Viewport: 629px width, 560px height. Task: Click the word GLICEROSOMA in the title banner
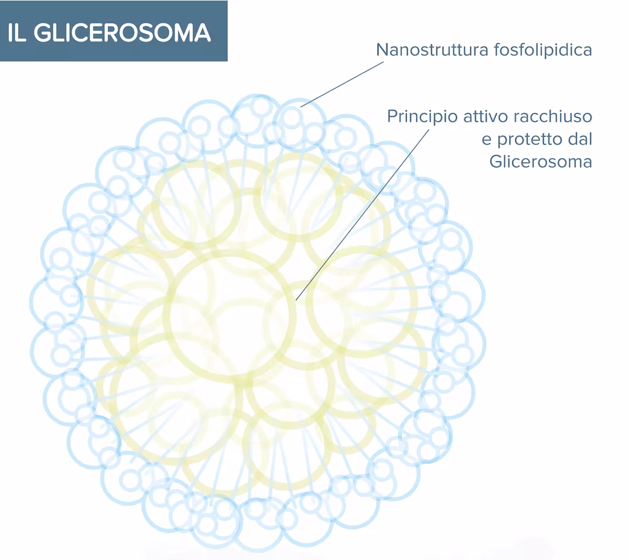pos(122,33)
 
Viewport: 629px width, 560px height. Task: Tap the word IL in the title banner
pos(18,33)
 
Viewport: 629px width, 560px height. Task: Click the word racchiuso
pos(553,117)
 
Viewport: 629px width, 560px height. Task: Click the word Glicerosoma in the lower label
pos(541,162)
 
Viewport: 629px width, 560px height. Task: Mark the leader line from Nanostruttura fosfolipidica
pos(343,84)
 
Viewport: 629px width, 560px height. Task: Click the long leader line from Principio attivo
pos(363,214)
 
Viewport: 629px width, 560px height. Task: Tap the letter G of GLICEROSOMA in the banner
pos(42,33)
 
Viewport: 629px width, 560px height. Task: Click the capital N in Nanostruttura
pos(382,50)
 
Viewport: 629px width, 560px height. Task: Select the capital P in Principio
pos(392,117)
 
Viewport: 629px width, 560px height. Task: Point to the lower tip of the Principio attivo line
pos(297,300)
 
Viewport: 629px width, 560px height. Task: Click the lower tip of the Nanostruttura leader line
pos(302,107)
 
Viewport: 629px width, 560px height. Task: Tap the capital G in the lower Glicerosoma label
pos(495,162)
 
